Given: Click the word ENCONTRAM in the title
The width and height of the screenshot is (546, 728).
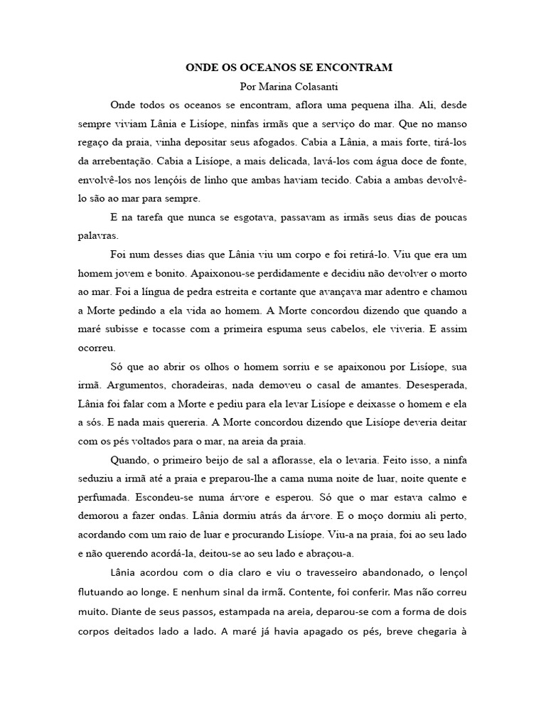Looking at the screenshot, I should pyautogui.click(x=351, y=68).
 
